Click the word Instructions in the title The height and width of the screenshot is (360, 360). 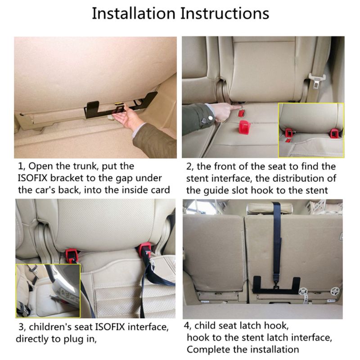pos(225,13)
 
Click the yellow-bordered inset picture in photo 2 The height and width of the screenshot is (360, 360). pos(310,129)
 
